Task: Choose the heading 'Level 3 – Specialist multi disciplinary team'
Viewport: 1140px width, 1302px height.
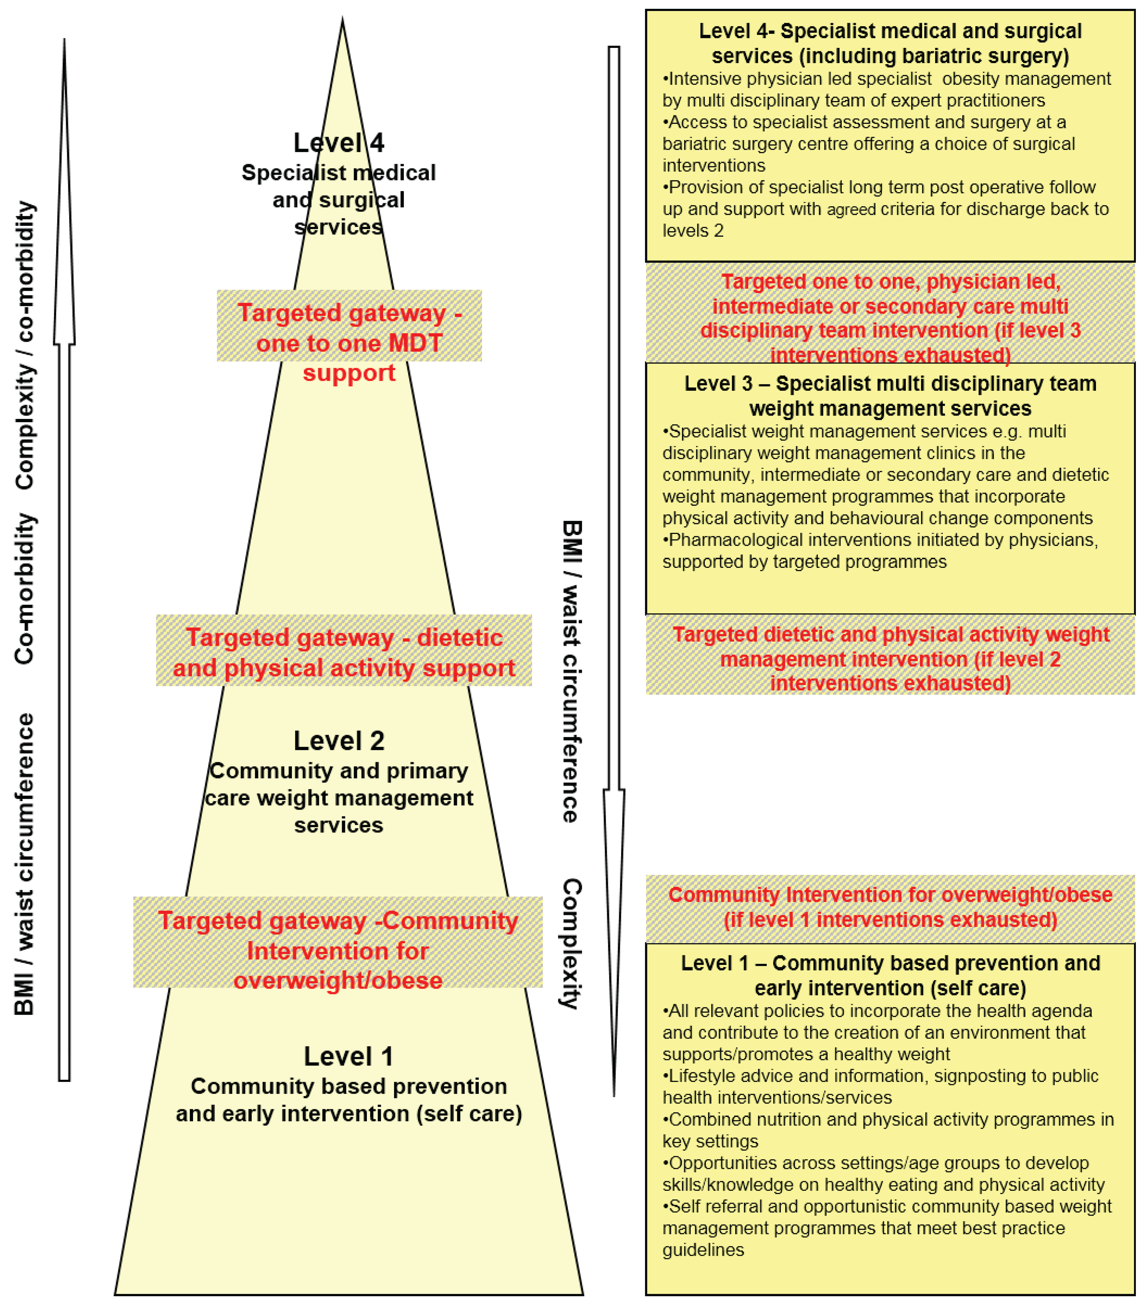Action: click(x=890, y=384)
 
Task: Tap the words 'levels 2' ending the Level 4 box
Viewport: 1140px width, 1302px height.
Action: click(x=693, y=231)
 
